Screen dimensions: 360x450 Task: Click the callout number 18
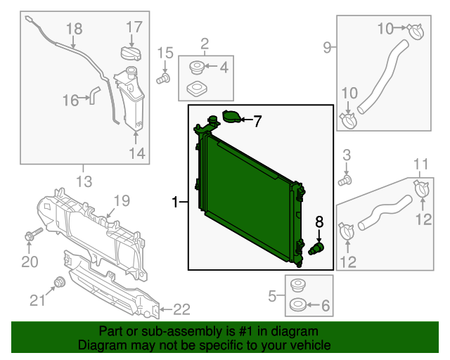(x=74, y=29)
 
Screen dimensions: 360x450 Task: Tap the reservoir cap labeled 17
(x=131, y=53)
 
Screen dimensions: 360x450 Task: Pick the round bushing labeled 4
(x=197, y=68)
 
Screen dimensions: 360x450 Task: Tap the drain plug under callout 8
(x=317, y=249)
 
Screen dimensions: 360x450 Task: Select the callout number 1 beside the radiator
(x=175, y=203)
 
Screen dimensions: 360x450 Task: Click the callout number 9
(x=327, y=47)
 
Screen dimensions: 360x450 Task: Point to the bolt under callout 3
(x=345, y=181)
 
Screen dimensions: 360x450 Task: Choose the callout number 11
(x=420, y=165)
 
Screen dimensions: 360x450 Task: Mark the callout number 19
(x=122, y=201)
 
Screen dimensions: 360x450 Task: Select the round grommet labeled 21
(x=60, y=283)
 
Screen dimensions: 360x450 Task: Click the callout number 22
(x=181, y=309)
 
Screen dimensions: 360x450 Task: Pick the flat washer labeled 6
(x=296, y=307)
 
